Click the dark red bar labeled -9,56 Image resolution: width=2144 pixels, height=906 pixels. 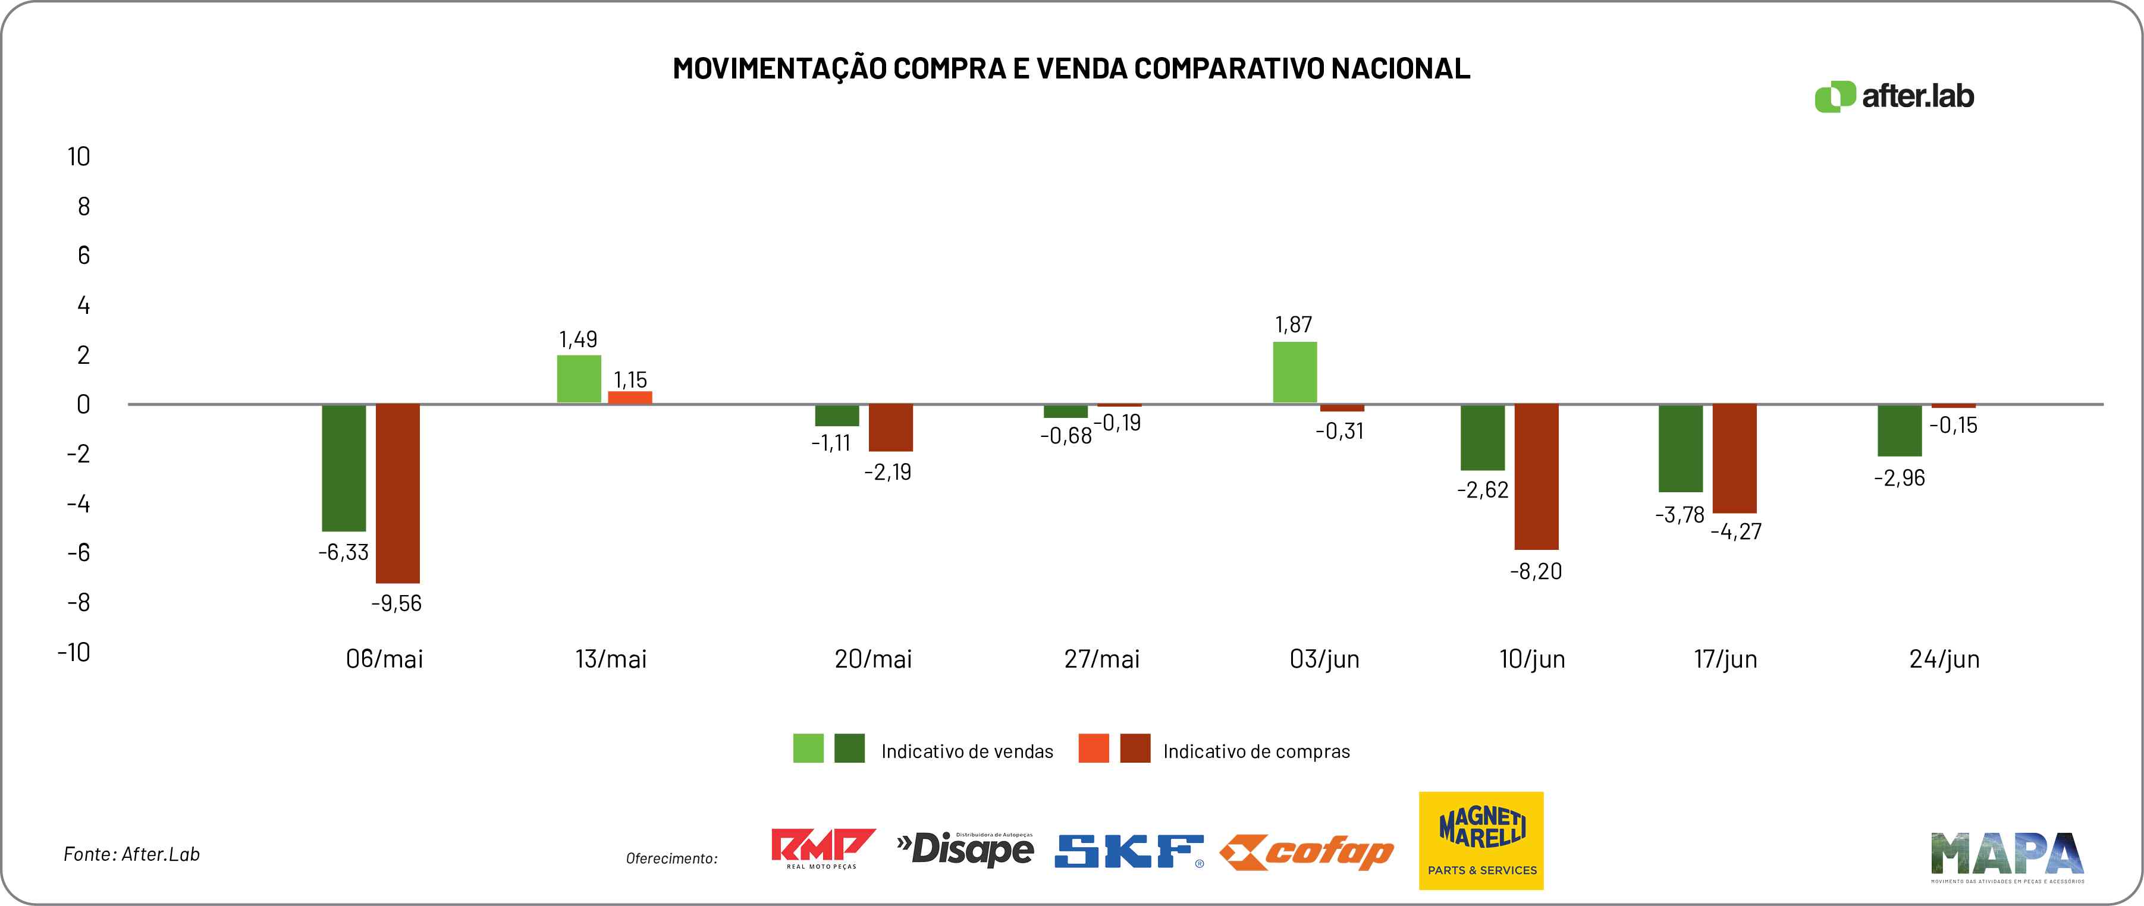398,493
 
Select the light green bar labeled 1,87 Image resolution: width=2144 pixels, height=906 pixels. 1295,372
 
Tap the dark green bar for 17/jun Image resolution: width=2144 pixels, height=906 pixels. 1681,448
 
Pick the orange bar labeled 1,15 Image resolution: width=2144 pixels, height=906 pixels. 630,397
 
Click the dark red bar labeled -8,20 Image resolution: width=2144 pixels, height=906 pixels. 1536,477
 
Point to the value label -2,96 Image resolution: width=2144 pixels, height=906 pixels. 1900,477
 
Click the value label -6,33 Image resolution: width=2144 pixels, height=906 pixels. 343,552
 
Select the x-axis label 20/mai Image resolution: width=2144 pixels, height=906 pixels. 873,659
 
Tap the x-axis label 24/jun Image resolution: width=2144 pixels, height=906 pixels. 1944,659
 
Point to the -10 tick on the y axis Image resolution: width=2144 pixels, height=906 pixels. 74,652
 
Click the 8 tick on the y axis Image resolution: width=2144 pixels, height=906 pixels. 83,206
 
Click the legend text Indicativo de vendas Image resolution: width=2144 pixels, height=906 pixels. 967,751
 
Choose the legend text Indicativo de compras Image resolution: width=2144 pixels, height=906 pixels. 1257,751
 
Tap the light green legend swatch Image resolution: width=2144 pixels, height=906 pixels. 808,748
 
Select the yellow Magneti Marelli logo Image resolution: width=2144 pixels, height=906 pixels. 1481,840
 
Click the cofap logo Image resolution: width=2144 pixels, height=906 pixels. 1307,852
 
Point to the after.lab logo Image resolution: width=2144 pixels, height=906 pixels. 1894,96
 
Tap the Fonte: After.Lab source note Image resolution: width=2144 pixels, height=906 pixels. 131,854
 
